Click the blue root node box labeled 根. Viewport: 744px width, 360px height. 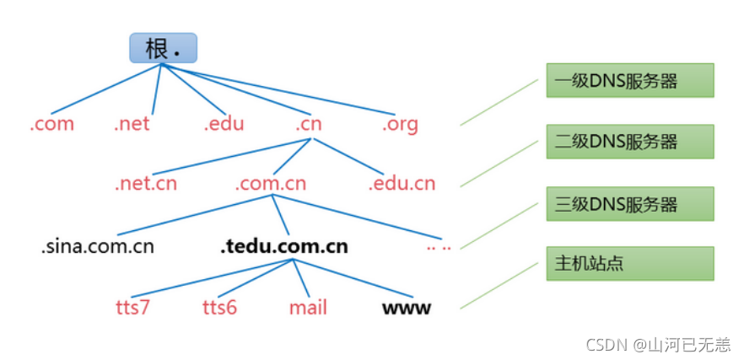tap(163, 48)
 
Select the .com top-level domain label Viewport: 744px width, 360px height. tap(52, 124)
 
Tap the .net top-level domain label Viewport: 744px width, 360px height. tap(132, 124)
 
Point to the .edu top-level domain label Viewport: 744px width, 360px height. tap(224, 124)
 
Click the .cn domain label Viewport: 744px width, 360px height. tap(309, 124)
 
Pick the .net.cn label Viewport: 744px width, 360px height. tap(146, 184)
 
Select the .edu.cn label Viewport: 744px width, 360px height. tap(402, 184)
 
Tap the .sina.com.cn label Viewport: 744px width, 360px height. tap(98, 246)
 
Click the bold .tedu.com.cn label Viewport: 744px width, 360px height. tap(283, 246)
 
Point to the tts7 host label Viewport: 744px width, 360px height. tap(132, 307)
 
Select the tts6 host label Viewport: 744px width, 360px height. tap(220, 307)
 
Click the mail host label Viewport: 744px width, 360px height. tap(308, 307)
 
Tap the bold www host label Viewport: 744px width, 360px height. tap(407, 308)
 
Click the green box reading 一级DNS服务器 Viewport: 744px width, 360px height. tap(629, 80)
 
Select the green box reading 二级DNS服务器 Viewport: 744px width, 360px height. tap(629, 142)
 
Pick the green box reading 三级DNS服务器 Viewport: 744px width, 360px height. tap(629, 203)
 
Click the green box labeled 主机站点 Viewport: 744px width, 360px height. tap(629, 264)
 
